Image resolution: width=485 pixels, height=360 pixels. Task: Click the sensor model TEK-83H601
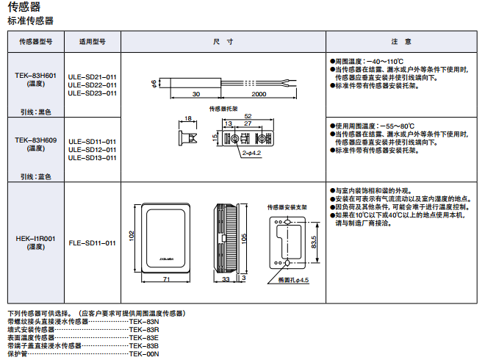tap(35, 76)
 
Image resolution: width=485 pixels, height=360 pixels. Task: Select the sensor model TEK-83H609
tap(35, 140)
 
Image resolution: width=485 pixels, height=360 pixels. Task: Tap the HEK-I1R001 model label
tap(35, 239)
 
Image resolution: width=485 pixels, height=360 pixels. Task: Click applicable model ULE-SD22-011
tap(92, 85)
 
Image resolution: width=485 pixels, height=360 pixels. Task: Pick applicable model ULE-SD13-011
tap(92, 158)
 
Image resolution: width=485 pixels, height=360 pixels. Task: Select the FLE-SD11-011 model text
tap(92, 243)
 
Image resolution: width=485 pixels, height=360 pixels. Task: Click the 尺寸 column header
tap(223, 41)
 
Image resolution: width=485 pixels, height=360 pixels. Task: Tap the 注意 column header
tap(401, 41)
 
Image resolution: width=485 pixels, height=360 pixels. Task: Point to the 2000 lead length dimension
tap(259, 94)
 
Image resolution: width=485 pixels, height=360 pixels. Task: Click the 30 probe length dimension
tap(196, 94)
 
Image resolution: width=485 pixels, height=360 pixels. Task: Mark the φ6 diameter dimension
tap(154, 83)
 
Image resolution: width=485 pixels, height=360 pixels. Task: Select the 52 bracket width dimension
tap(248, 116)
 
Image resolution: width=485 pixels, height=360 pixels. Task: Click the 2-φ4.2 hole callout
tap(251, 153)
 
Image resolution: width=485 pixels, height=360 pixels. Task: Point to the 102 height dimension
tap(132, 236)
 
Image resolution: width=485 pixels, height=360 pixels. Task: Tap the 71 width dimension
tap(166, 279)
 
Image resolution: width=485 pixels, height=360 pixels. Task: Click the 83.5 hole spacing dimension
tap(314, 242)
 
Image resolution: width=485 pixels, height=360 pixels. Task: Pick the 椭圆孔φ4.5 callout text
tap(293, 280)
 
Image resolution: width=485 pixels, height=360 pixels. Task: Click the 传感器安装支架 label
tap(287, 207)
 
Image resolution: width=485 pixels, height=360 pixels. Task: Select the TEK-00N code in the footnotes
tap(144, 354)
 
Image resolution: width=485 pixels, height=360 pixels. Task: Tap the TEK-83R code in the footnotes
tap(144, 330)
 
